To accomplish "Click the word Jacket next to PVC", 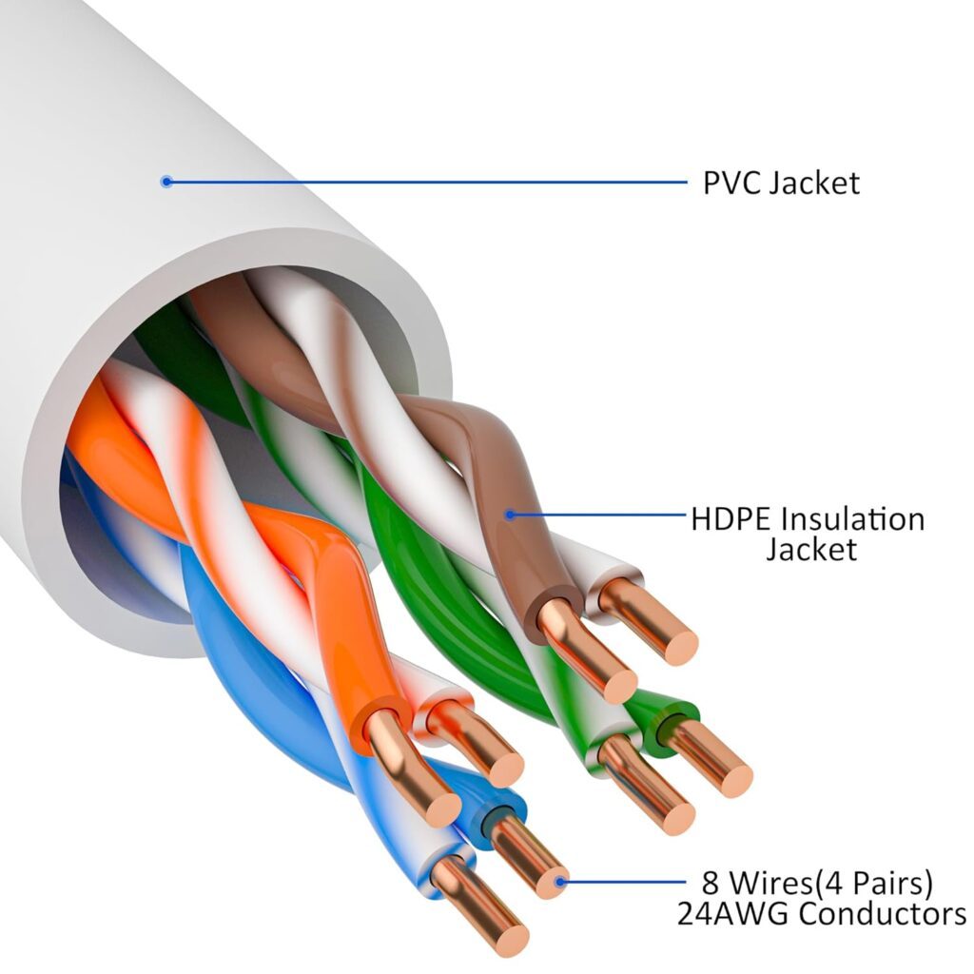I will tap(813, 182).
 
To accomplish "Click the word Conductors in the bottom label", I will tap(882, 914).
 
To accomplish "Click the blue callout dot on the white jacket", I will tap(166, 181).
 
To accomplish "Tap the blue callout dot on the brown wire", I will tap(510, 515).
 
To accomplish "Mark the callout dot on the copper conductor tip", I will tap(561, 882).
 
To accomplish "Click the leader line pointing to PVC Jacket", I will tap(428, 181).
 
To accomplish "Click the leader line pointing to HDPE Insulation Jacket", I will tap(599, 515).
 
